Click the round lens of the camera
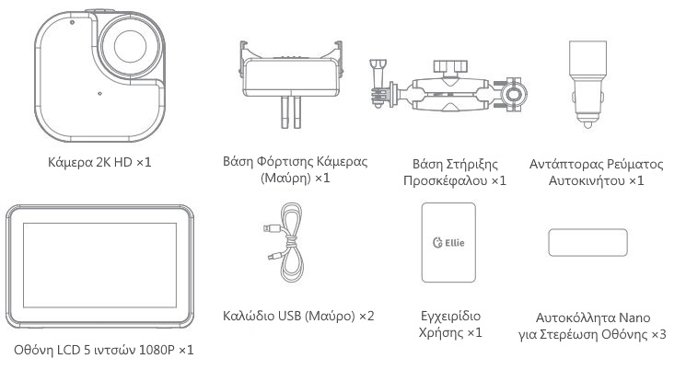131,46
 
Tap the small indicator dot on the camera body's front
99,93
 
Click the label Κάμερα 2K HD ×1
99,162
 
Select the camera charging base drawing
290,84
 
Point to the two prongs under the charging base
291,112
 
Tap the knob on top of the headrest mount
450,67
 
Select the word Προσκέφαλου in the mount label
445,180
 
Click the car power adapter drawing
587,84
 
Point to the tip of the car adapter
588,125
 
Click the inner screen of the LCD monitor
99,265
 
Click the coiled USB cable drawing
285,243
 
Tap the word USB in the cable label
289,316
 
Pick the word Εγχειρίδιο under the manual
450,316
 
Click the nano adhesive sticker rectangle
587,242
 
